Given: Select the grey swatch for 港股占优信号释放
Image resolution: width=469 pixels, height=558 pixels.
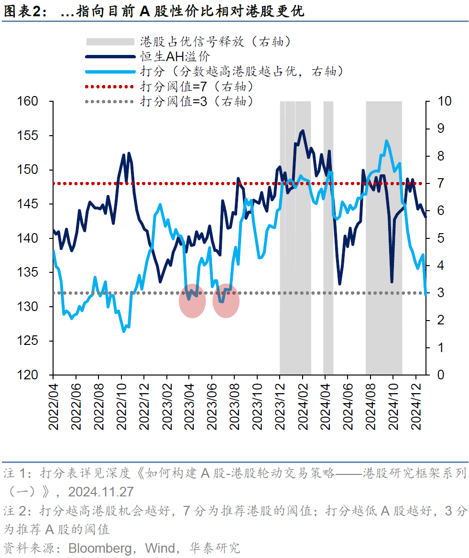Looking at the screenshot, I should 110,42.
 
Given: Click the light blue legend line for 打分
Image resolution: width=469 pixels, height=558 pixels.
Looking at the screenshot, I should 110,72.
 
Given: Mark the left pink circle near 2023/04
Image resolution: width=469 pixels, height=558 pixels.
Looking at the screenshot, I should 192,301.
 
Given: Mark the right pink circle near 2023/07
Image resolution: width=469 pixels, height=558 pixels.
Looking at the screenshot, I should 226,301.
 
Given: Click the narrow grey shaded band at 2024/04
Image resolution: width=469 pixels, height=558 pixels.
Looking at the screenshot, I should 328,239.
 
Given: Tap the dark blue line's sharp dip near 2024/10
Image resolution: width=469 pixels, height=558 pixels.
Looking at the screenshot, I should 392,281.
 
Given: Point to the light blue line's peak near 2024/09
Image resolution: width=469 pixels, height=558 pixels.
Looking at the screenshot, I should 386,140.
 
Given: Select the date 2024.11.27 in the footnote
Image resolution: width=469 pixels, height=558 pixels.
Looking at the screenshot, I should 101,492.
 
